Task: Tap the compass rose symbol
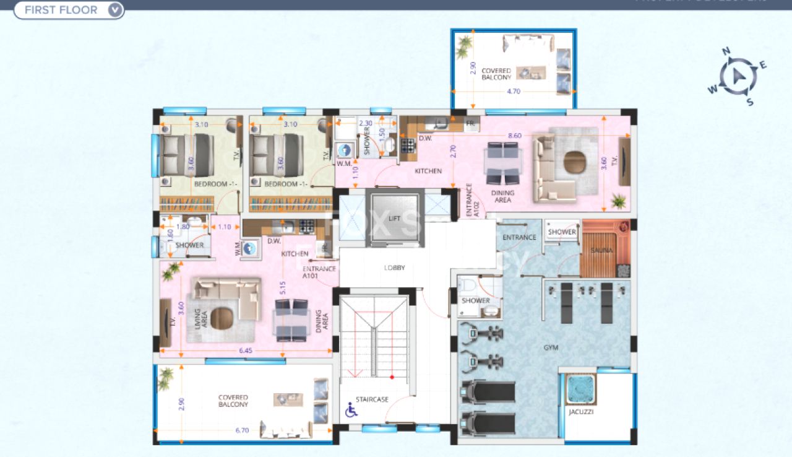click(x=736, y=76)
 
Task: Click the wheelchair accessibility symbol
click(x=350, y=410)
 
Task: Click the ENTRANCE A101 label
click(x=319, y=272)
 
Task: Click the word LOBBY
click(x=394, y=268)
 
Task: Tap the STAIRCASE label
click(x=372, y=399)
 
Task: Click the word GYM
click(x=551, y=348)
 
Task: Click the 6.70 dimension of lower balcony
click(x=242, y=430)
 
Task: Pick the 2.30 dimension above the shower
click(x=365, y=123)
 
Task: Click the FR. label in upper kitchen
click(x=470, y=124)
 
